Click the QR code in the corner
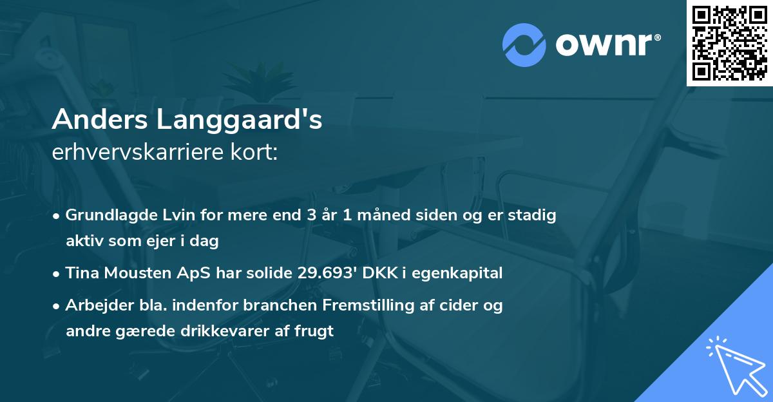pos(729,43)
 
